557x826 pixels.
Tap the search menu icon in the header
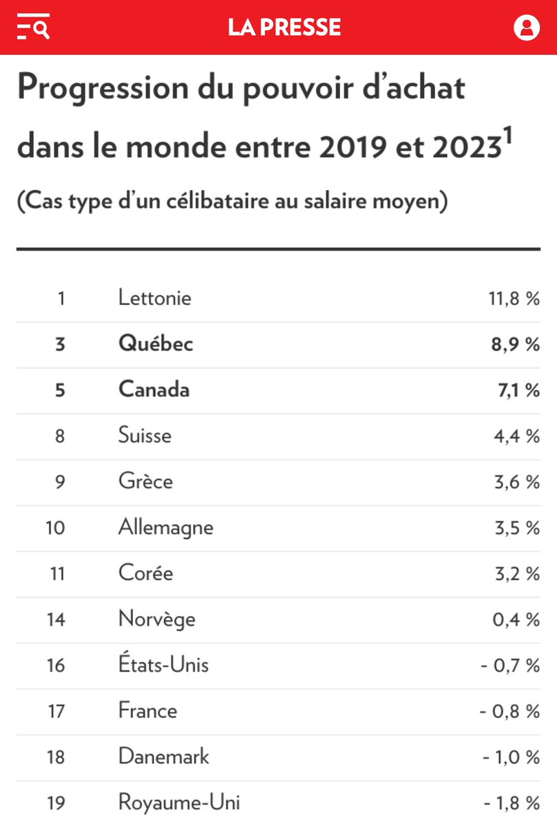pyautogui.click(x=32, y=28)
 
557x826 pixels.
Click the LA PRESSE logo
pyautogui.click(x=284, y=28)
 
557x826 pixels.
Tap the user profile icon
pyautogui.click(x=527, y=28)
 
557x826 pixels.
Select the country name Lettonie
pyautogui.click(x=155, y=298)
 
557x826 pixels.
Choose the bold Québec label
pyautogui.click(x=156, y=344)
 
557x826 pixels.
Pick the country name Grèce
pyautogui.click(x=145, y=482)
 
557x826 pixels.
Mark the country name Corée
pyautogui.click(x=145, y=573)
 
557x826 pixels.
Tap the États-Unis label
pyautogui.click(x=163, y=665)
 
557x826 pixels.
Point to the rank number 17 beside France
pyautogui.click(x=56, y=711)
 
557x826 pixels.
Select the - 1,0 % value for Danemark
pyautogui.click(x=509, y=757)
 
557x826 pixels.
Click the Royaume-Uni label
pyautogui.click(x=179, y=803)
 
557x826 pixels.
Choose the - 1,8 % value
pyautogui.click(x=509, y=803)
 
